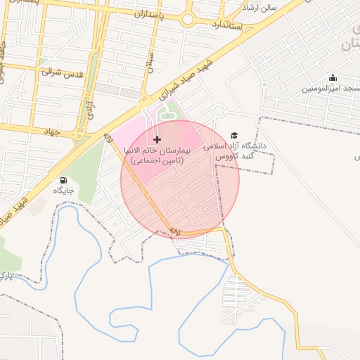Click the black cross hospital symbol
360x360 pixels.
pyautogui.click(x=156, y=139)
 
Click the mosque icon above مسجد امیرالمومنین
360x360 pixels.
pyautogui.click(x=333, y=77)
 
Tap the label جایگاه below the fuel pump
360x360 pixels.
pyautogui.click(x=65, y=190)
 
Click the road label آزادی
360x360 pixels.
pyautogui.click(x=90, y=105)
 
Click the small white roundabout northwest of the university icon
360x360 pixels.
pyautogui.click(x=219, y=110)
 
